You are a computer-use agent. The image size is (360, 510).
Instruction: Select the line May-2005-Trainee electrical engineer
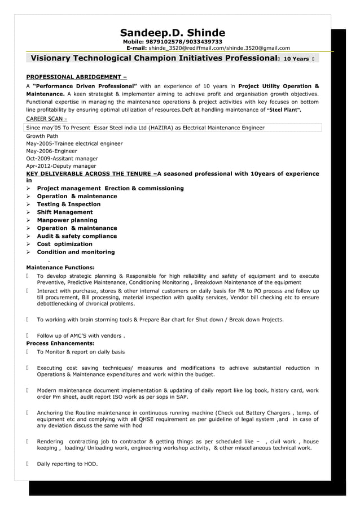(x=74, y=143)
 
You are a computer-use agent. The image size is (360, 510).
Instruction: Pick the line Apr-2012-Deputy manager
(x=61, y=167)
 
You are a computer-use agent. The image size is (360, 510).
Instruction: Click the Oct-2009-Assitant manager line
(x=62, y=159)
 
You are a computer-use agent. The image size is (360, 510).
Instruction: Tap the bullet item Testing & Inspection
(x=68, y=204)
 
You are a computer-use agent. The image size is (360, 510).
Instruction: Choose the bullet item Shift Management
(x=64, y=212)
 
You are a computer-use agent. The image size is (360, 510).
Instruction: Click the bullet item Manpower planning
(x=67, y=220)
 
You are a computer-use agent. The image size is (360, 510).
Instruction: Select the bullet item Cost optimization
(x=64, y=244)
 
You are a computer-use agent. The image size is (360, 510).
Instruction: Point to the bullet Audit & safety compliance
(x=77, y=236)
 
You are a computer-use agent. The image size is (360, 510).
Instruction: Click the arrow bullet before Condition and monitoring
(x=29, y=252)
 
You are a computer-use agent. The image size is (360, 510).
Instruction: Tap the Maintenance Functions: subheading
(x=60, y=267)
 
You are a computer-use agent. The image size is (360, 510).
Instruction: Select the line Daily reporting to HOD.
(x=67, y=464)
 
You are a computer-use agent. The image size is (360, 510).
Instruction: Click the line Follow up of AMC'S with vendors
(x=81, y=335)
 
